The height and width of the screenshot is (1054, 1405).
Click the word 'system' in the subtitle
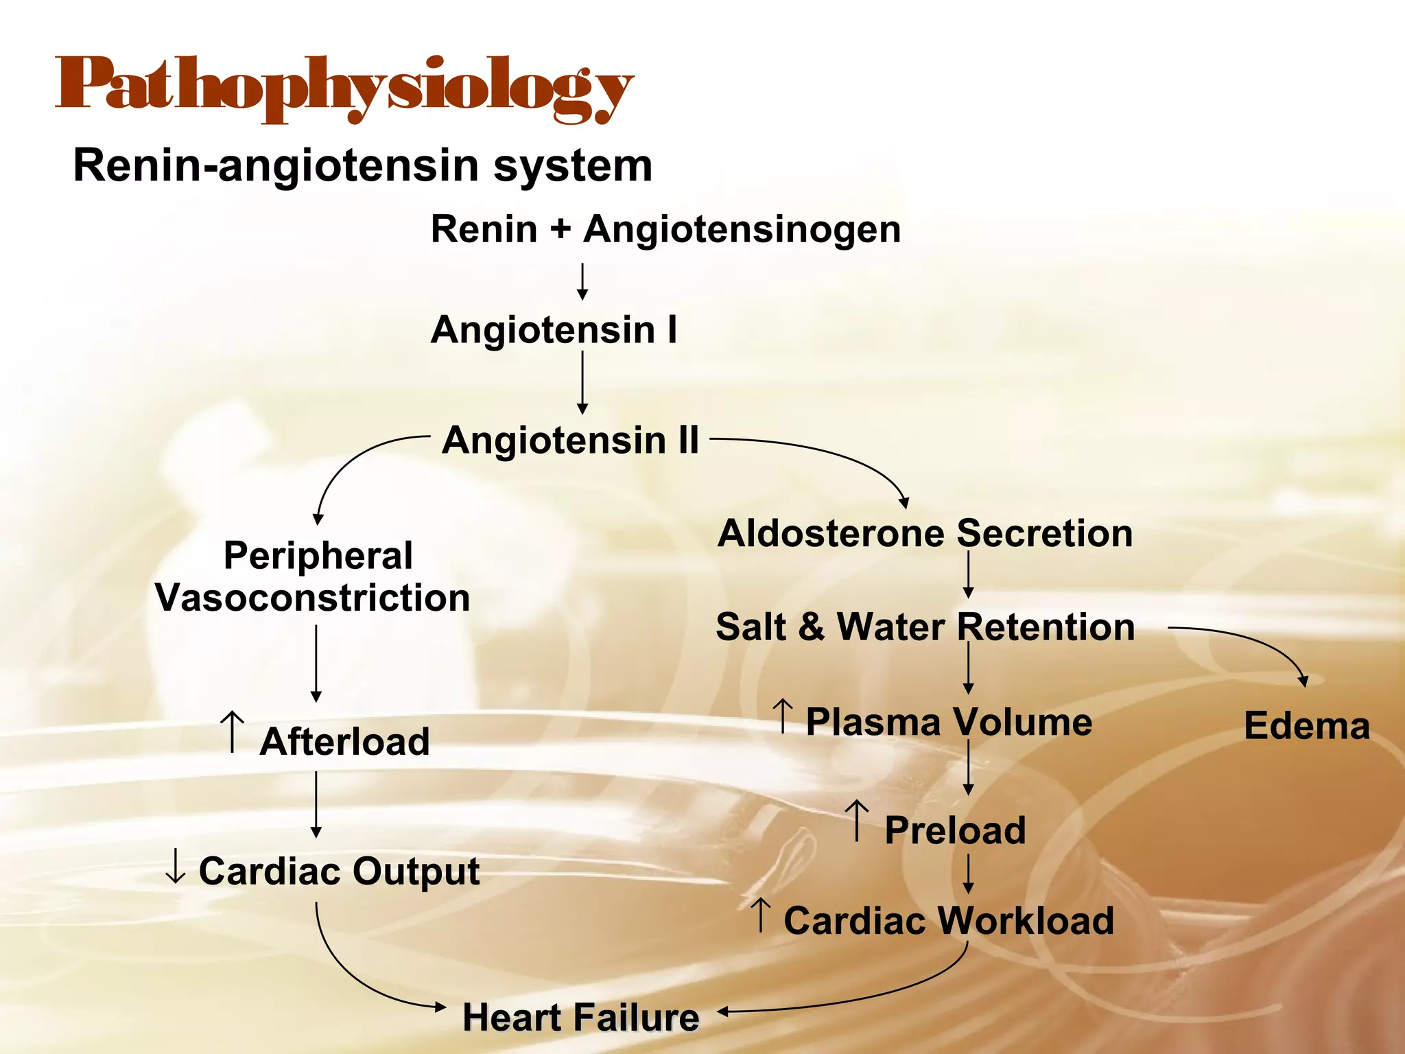(572, 167)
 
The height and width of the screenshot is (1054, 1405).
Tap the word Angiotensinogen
(742, 229)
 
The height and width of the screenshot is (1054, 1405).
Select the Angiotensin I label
(554, 330)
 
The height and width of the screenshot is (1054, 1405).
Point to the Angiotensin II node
(570, 440)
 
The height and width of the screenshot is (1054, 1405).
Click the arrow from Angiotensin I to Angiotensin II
(582, 382)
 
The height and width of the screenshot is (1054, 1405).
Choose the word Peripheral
(318, 556)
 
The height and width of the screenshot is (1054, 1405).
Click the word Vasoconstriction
(313, 598)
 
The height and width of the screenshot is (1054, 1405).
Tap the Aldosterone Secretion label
(925, 533)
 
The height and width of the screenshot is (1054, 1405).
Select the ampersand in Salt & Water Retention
(811, 627)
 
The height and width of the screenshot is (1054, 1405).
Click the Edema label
(1306, 726)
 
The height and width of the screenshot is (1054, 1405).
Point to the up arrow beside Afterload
(233, 731)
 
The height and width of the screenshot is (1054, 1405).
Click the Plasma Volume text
(949, 722)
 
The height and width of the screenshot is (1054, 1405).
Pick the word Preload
(955, 830)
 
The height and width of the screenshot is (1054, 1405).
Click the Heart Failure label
(580, 1017)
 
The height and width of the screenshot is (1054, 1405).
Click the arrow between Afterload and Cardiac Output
(316, 804)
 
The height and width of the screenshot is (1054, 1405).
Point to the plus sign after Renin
(560, 229)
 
